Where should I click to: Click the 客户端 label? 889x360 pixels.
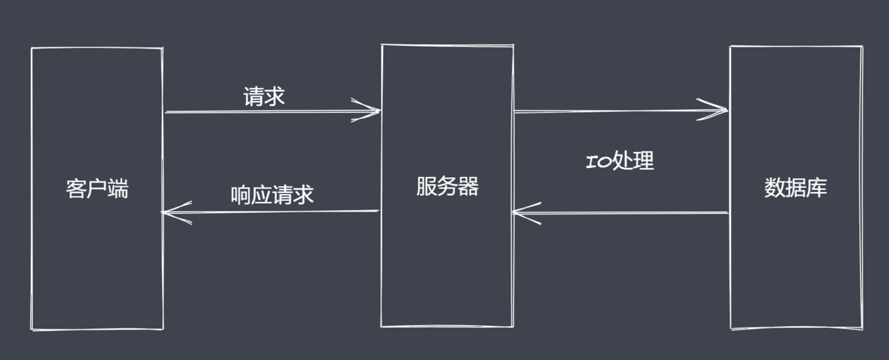point(97,189)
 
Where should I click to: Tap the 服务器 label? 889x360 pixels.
point(447,186)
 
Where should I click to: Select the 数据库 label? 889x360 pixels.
point(795,188)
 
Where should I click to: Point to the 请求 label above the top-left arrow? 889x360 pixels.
point(264,96)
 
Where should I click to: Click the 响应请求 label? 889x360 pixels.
point(272,194)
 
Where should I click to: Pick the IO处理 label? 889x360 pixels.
point(619,161)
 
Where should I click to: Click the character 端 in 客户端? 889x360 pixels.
point(118,189)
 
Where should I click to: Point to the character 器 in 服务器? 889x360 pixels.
point(468,186)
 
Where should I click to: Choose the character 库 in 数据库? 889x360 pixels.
point(817,188)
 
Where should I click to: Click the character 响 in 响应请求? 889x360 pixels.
point(240,195)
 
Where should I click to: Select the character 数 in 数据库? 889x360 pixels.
point(775,188)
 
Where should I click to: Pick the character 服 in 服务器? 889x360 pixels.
point(426,186)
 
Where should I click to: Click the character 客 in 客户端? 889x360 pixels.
point(76,189)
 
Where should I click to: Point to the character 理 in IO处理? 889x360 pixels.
point(643,161)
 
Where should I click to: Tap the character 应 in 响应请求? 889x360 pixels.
point(261,195)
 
